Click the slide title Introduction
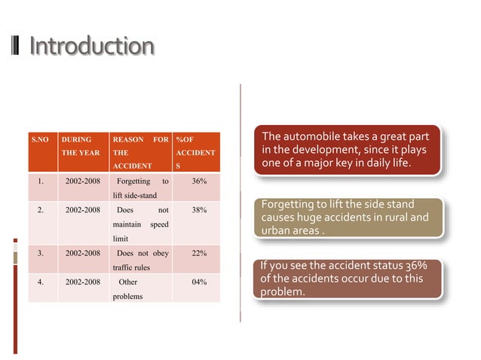pos(91,47)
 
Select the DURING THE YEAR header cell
pos(81,146)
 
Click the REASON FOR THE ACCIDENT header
pos(140,152)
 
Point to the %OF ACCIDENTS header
pos(195,152)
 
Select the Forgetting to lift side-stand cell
pos(140,188)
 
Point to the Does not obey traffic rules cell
pos(140,260)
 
